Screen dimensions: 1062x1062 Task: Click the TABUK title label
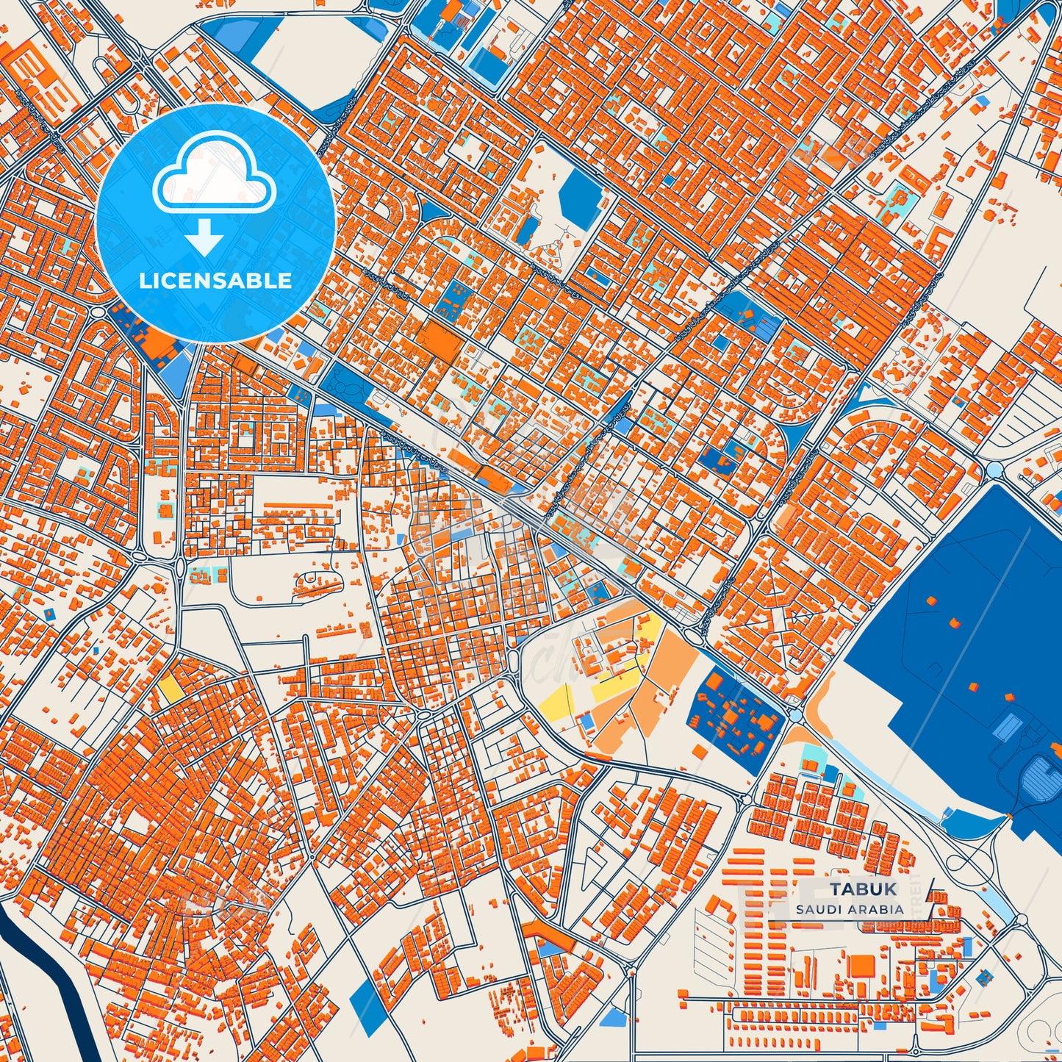(x=864, y=889)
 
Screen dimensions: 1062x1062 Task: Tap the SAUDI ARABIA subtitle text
(x=849, y=909)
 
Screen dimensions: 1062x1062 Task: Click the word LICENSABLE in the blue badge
(x=215, y=280)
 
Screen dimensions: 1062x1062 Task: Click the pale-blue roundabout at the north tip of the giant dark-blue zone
(x=994, y=470)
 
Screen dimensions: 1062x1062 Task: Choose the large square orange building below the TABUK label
(x=861, y=965)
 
